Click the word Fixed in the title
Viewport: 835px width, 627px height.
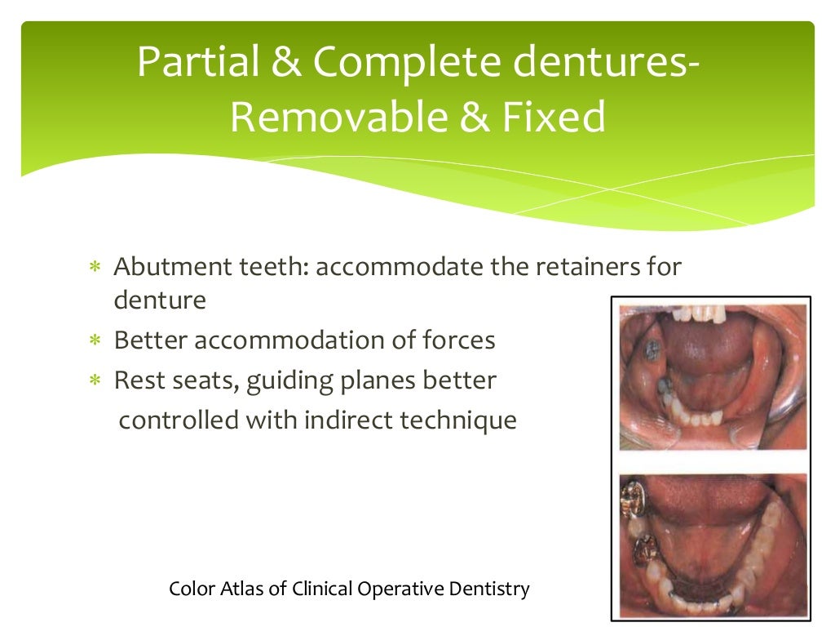click(554, 118)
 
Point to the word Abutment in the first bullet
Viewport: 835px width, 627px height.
click(166, 267)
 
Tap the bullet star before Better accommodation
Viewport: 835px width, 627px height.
click(95, 341)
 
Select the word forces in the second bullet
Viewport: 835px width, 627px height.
click(455, 340)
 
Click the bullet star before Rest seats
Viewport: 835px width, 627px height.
click(95, 381)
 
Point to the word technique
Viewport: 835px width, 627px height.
click(461, 420)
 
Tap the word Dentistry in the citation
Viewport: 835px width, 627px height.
click(490, 589)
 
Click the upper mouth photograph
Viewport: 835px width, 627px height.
click(713, 376)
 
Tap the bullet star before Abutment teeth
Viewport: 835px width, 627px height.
click(95, 268)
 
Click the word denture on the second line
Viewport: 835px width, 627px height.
click(160, 300)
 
